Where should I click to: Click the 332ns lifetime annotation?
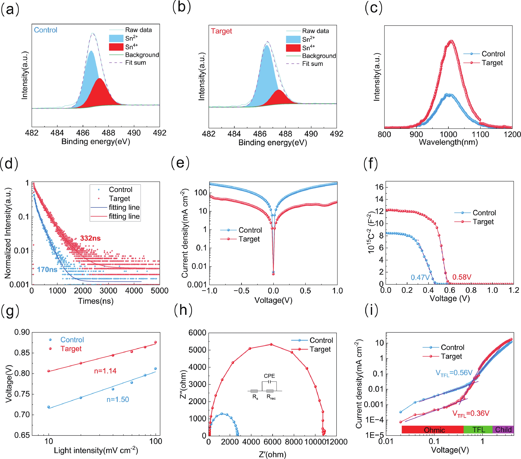90,238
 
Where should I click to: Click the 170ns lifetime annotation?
47,269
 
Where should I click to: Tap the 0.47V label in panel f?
420,277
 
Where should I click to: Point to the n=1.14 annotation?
105,371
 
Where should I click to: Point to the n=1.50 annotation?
118,399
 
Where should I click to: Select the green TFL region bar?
478,430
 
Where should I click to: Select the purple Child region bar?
503,430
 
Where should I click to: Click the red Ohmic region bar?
433,430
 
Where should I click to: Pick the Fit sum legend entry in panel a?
135,63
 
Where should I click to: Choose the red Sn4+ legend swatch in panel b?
293,48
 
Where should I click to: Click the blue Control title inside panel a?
46,30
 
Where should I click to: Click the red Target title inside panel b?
221,31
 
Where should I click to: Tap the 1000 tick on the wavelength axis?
448,134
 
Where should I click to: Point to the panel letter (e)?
180,163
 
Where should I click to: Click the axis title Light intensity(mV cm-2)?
96,450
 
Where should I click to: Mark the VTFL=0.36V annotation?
471,413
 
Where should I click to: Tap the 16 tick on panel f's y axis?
379,187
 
